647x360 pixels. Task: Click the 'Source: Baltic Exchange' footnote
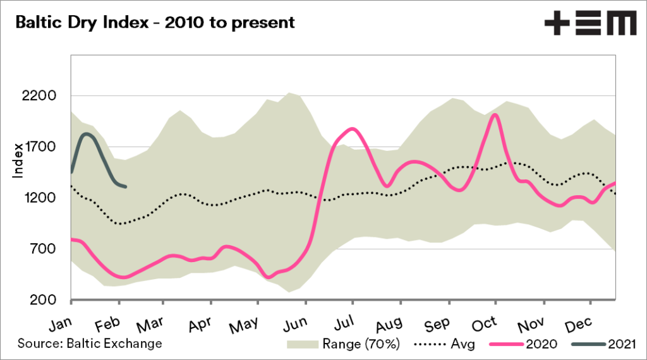[x=90, y=344]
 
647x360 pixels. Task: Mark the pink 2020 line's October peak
[x=495, y=114]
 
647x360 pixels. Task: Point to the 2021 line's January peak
[x=87, y=134]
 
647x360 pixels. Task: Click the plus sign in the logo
[x=557, y=24]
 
